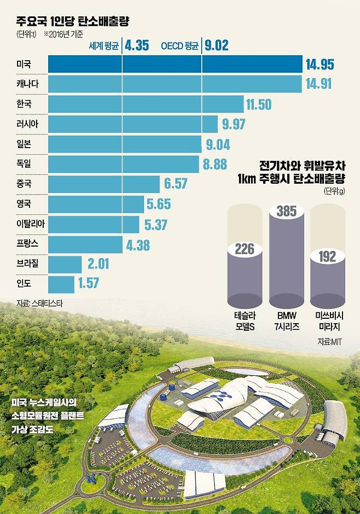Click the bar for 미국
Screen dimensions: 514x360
175,64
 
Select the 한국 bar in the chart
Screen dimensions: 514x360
146,104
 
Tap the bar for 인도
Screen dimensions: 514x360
61,284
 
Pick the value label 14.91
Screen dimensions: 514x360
320,84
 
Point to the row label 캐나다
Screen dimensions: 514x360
28,84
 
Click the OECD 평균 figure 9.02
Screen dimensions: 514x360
218,45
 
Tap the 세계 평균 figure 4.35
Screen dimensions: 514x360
137,45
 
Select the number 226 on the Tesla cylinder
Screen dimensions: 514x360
244,249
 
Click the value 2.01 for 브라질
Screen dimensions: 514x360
98,264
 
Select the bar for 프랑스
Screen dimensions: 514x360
85,244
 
